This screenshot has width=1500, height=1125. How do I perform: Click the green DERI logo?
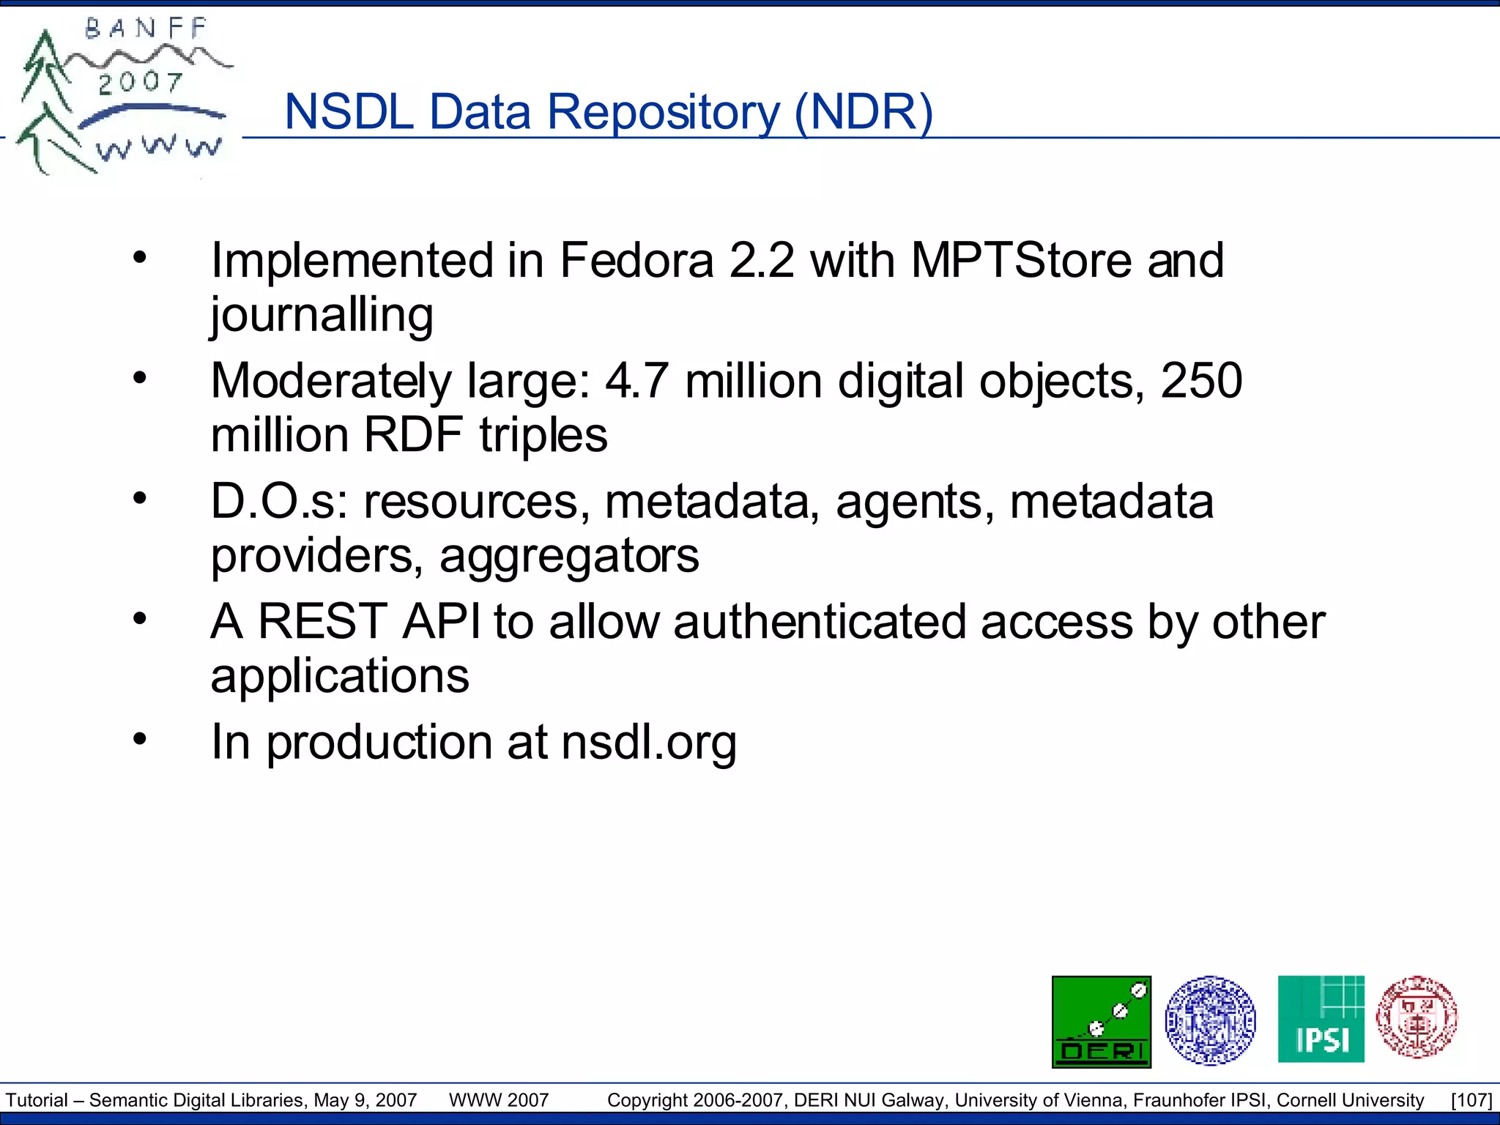[1101, 1021]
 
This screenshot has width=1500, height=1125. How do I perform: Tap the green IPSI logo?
[1321, 1019]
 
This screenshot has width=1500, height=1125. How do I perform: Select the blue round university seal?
[1210, 1020]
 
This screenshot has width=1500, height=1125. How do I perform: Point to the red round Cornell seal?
[1417, 1017]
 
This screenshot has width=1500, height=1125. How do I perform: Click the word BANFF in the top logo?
[146, 29]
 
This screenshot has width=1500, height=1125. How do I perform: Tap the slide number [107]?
[1471, 1100]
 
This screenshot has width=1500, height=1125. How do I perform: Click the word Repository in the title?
[664, 113]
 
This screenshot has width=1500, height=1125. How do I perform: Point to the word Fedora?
[636, 261]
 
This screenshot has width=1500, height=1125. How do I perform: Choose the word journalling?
[322, 315]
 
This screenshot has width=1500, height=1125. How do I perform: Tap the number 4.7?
[636, 381]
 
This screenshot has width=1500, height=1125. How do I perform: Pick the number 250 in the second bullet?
[1201, 381]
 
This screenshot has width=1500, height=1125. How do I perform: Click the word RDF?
[413, 435]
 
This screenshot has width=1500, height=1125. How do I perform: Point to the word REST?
[322, 622]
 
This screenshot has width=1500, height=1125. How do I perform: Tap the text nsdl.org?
[649, 743]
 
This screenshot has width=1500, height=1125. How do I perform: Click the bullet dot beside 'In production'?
[140, 738]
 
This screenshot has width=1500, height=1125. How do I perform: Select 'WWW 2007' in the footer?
[499, 1100]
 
